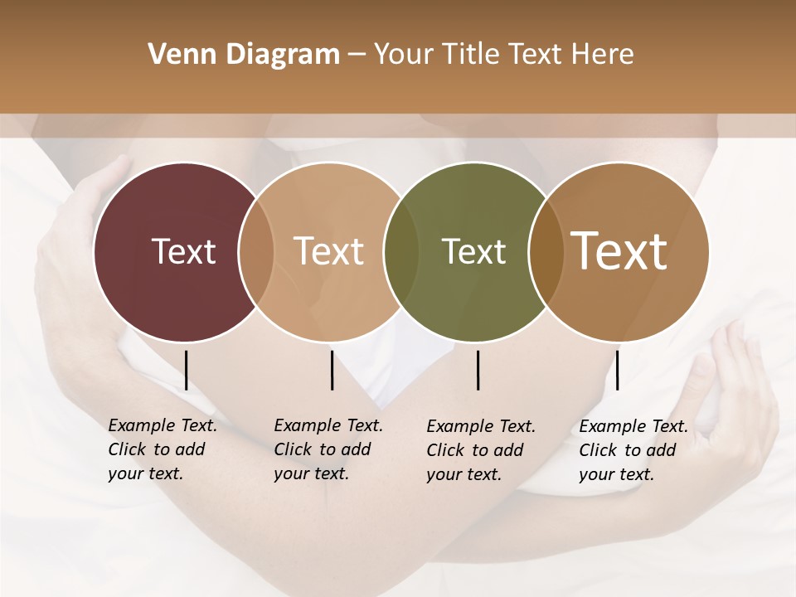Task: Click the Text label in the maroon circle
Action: (x=183, y=251)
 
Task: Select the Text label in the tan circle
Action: (x=328, y=251)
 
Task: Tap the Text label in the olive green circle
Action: (x=473, y=251)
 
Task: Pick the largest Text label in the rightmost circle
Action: (x=619, y=251)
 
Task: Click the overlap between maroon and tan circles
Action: (x=256, y=252)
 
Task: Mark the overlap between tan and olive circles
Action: (x=401, y=252)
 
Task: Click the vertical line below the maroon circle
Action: (x=186, y=370)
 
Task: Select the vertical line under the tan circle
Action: (x=332, y=370)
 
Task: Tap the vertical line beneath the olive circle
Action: (x=478, y=370)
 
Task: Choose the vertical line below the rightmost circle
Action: (x=617, y=370)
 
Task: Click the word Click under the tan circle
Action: (x=292, y=449)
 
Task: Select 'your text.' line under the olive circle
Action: (x=464, y=474)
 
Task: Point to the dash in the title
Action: (x=357, y=56)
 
